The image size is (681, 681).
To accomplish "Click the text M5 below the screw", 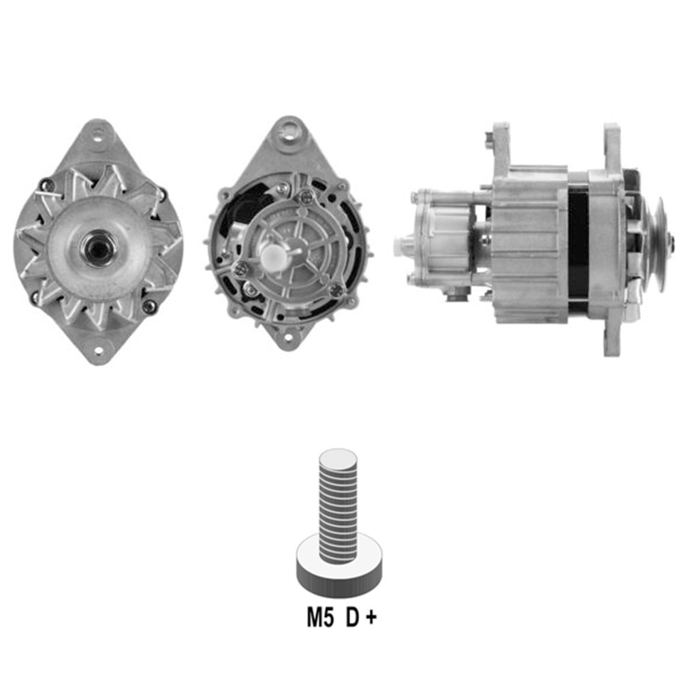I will coord(320,618).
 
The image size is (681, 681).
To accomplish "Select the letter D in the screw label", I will coord(352,618).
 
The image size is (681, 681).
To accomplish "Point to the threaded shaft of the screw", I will coord(338,504).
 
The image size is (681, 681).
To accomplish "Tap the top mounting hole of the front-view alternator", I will coord(97,134).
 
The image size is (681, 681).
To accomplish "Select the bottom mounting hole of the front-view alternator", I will coord(98,351).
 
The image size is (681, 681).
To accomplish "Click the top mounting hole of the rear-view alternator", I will coord(291,128).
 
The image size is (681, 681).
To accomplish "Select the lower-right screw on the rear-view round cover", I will coord(335,290).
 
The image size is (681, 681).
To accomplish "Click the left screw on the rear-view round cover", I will coord(239,270).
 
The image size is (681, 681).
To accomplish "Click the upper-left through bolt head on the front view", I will coord(45,184).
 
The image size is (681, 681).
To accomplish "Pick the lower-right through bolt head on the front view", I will coord(148,306).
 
